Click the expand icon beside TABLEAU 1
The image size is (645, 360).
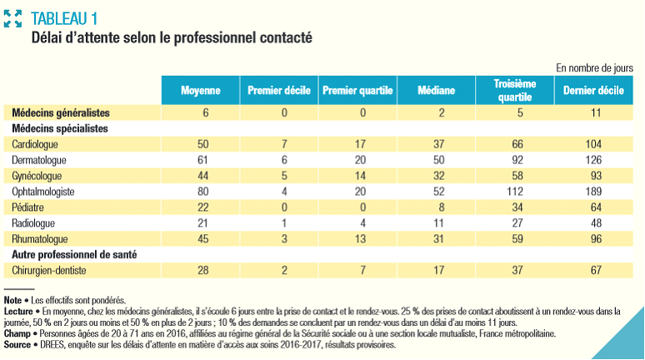click(x=12, y=17)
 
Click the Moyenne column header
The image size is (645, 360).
click(x=199, y=90)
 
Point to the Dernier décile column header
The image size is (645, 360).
click(x=593, y=90)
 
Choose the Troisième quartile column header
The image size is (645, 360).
click(x=514, y=90)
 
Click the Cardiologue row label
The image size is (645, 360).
click(x=36, y=143)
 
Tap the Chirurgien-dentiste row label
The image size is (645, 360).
click(x=51, y=270)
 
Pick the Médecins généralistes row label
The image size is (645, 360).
click(x=62, y=112)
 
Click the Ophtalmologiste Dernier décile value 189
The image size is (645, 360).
click(x=593, y=191)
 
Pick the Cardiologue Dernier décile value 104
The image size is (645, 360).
click(x=593, y=143)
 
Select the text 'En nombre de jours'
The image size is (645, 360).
click(x=594, y=67)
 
